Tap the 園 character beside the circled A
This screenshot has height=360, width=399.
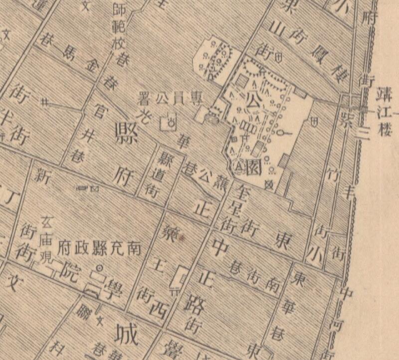point(253,165)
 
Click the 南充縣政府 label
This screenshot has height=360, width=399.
point(99,246)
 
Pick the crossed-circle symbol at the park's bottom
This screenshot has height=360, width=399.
point(270,185)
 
